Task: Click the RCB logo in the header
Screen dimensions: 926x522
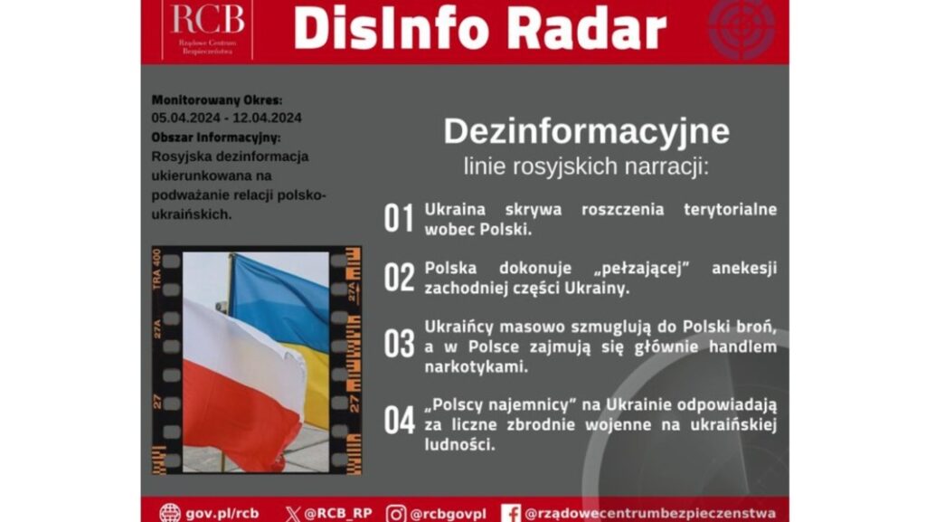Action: (x=207, y=28)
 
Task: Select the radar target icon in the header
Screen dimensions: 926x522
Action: (x=742, y=27)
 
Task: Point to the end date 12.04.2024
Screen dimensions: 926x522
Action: (x=267, y=118)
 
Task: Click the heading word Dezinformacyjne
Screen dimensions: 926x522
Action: (x=586, y=131)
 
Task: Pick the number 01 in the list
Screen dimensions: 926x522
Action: (x=399, y=219)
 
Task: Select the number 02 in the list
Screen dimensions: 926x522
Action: (x=399, y=278)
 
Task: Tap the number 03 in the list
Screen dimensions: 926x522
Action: (x=399, y=344)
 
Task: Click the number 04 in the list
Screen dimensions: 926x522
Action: (x=399, y=421)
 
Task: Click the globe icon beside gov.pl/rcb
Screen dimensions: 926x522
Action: (x=169, y=513)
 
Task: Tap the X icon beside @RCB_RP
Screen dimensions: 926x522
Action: (x=292, y=513)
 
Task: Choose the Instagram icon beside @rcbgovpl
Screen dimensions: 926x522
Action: (x=396, y=513)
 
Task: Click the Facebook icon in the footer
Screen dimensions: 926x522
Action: (x=511, y=513)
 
